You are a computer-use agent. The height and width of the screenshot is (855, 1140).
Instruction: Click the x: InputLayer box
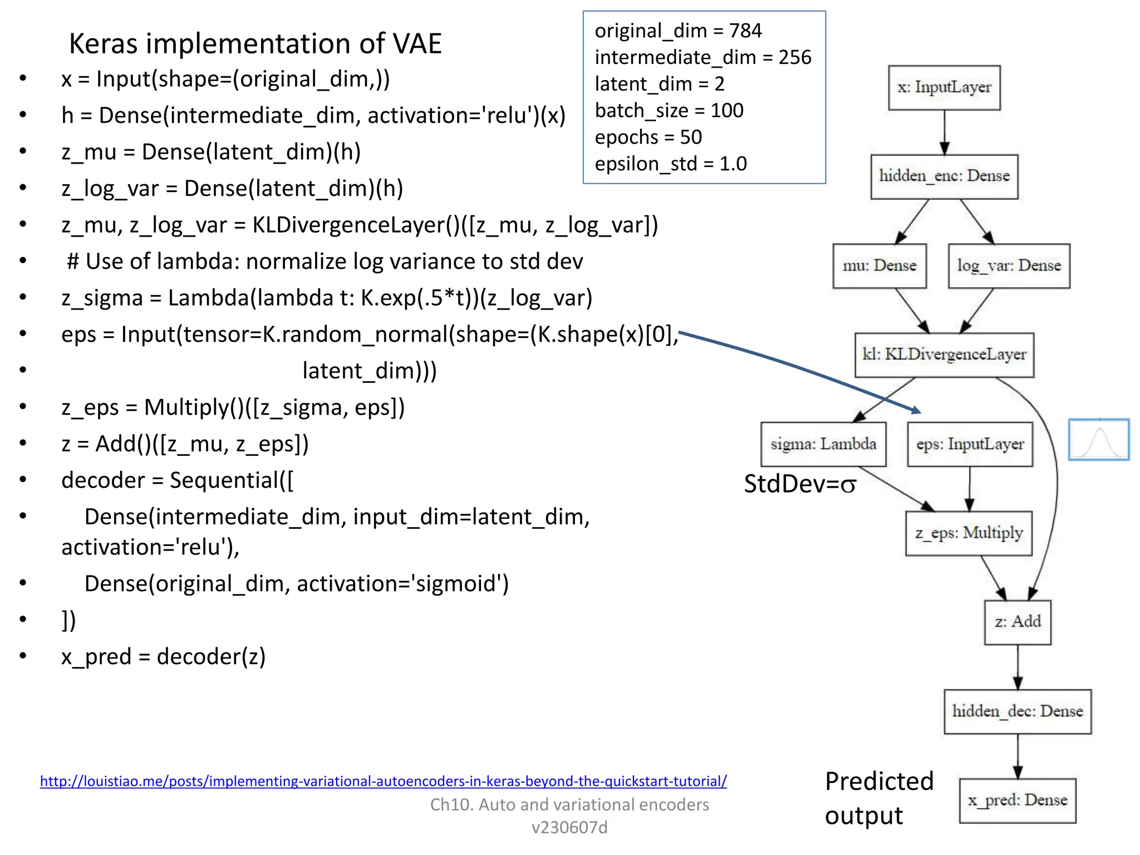click(944, 87)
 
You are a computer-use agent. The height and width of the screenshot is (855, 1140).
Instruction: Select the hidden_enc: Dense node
click(944, 176)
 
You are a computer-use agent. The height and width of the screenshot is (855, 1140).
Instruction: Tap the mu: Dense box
click(879, 266)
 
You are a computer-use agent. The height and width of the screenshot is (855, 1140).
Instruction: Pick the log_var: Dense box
click(1009, 266)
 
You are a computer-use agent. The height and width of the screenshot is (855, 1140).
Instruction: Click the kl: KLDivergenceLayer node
click(944, 355)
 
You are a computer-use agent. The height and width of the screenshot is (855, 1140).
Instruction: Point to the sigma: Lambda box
click(823, 444)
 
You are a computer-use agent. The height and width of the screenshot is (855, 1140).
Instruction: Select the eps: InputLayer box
click(970, 444)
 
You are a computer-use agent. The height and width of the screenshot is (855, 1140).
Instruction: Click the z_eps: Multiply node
click(969, 533)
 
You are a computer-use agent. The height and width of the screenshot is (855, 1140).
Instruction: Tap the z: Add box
click(1018, 622)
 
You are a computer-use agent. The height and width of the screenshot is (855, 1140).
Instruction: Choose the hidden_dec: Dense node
click(1018, 711)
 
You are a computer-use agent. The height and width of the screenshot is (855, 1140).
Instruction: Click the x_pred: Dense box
click(1018, 800)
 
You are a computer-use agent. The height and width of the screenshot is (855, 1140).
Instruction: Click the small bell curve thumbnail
click(1098, 440)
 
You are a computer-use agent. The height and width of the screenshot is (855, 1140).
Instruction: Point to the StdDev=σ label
click(800, 484)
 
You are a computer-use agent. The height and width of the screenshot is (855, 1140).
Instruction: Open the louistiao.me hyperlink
click(383, 781)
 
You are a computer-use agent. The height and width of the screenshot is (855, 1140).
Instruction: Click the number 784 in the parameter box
click(745, 31)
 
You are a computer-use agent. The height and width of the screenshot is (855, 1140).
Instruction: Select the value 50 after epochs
click(691, 137)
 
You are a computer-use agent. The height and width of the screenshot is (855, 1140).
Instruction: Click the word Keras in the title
click(103, 43)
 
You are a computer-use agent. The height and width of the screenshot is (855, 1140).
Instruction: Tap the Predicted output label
click(878, 798)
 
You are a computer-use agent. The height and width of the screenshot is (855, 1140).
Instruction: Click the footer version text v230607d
click(569, 827)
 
